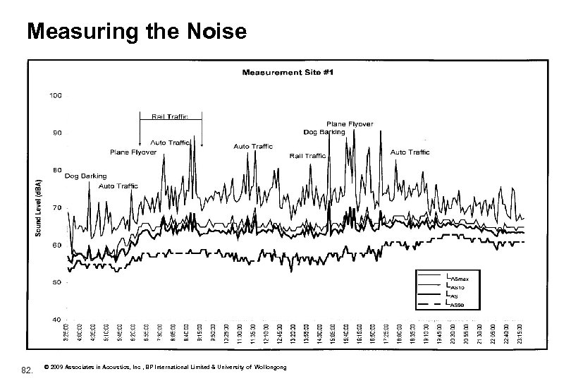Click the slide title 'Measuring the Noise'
coord(136,32)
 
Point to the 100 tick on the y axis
coord(56,95)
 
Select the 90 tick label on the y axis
coord(56,132)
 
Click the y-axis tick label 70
coord(56,207)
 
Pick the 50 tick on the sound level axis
coord(56,282)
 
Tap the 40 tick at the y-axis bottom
coord(56,320)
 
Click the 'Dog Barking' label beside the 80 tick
coord(86,176)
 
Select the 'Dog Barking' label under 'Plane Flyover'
coord(324,132)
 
